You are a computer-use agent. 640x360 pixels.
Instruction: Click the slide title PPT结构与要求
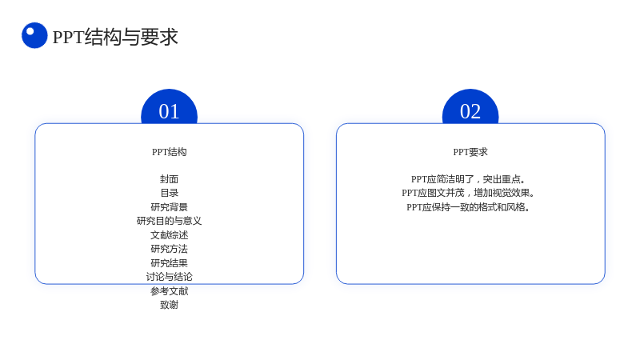tap(115, 37)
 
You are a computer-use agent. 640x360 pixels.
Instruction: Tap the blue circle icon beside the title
tap(34, 35)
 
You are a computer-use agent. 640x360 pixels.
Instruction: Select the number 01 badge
tap(169, 107)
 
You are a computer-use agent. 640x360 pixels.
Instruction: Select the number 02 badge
tap(470, 107)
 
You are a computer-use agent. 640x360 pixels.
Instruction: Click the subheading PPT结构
tap(169, 152)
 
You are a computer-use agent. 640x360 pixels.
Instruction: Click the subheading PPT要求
tap(470, 152)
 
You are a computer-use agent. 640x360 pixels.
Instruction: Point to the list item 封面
tap(169, 179)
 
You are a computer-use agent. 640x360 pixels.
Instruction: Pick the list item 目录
tap(169, 193)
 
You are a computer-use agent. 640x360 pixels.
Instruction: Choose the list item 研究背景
tap(169, 207)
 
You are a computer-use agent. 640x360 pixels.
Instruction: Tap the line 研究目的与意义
tap(169, 221)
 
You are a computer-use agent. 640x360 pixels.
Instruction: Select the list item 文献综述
tap(169, 235)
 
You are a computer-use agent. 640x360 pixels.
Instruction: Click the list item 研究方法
tap(169, 249)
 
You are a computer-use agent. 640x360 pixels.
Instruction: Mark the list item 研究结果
tap(169, 263)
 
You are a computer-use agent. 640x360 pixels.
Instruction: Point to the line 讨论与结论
tap(169, 277)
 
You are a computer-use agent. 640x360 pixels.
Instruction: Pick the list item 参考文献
tap(169, 291)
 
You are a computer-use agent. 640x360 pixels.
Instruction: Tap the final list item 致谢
tap(169, 305)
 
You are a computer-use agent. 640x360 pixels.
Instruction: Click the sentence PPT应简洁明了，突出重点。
tap(470, 179)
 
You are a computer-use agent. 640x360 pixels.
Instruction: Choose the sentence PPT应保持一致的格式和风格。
tap(470, 207)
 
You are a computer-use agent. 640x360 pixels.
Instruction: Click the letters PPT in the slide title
tap(69, 37)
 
